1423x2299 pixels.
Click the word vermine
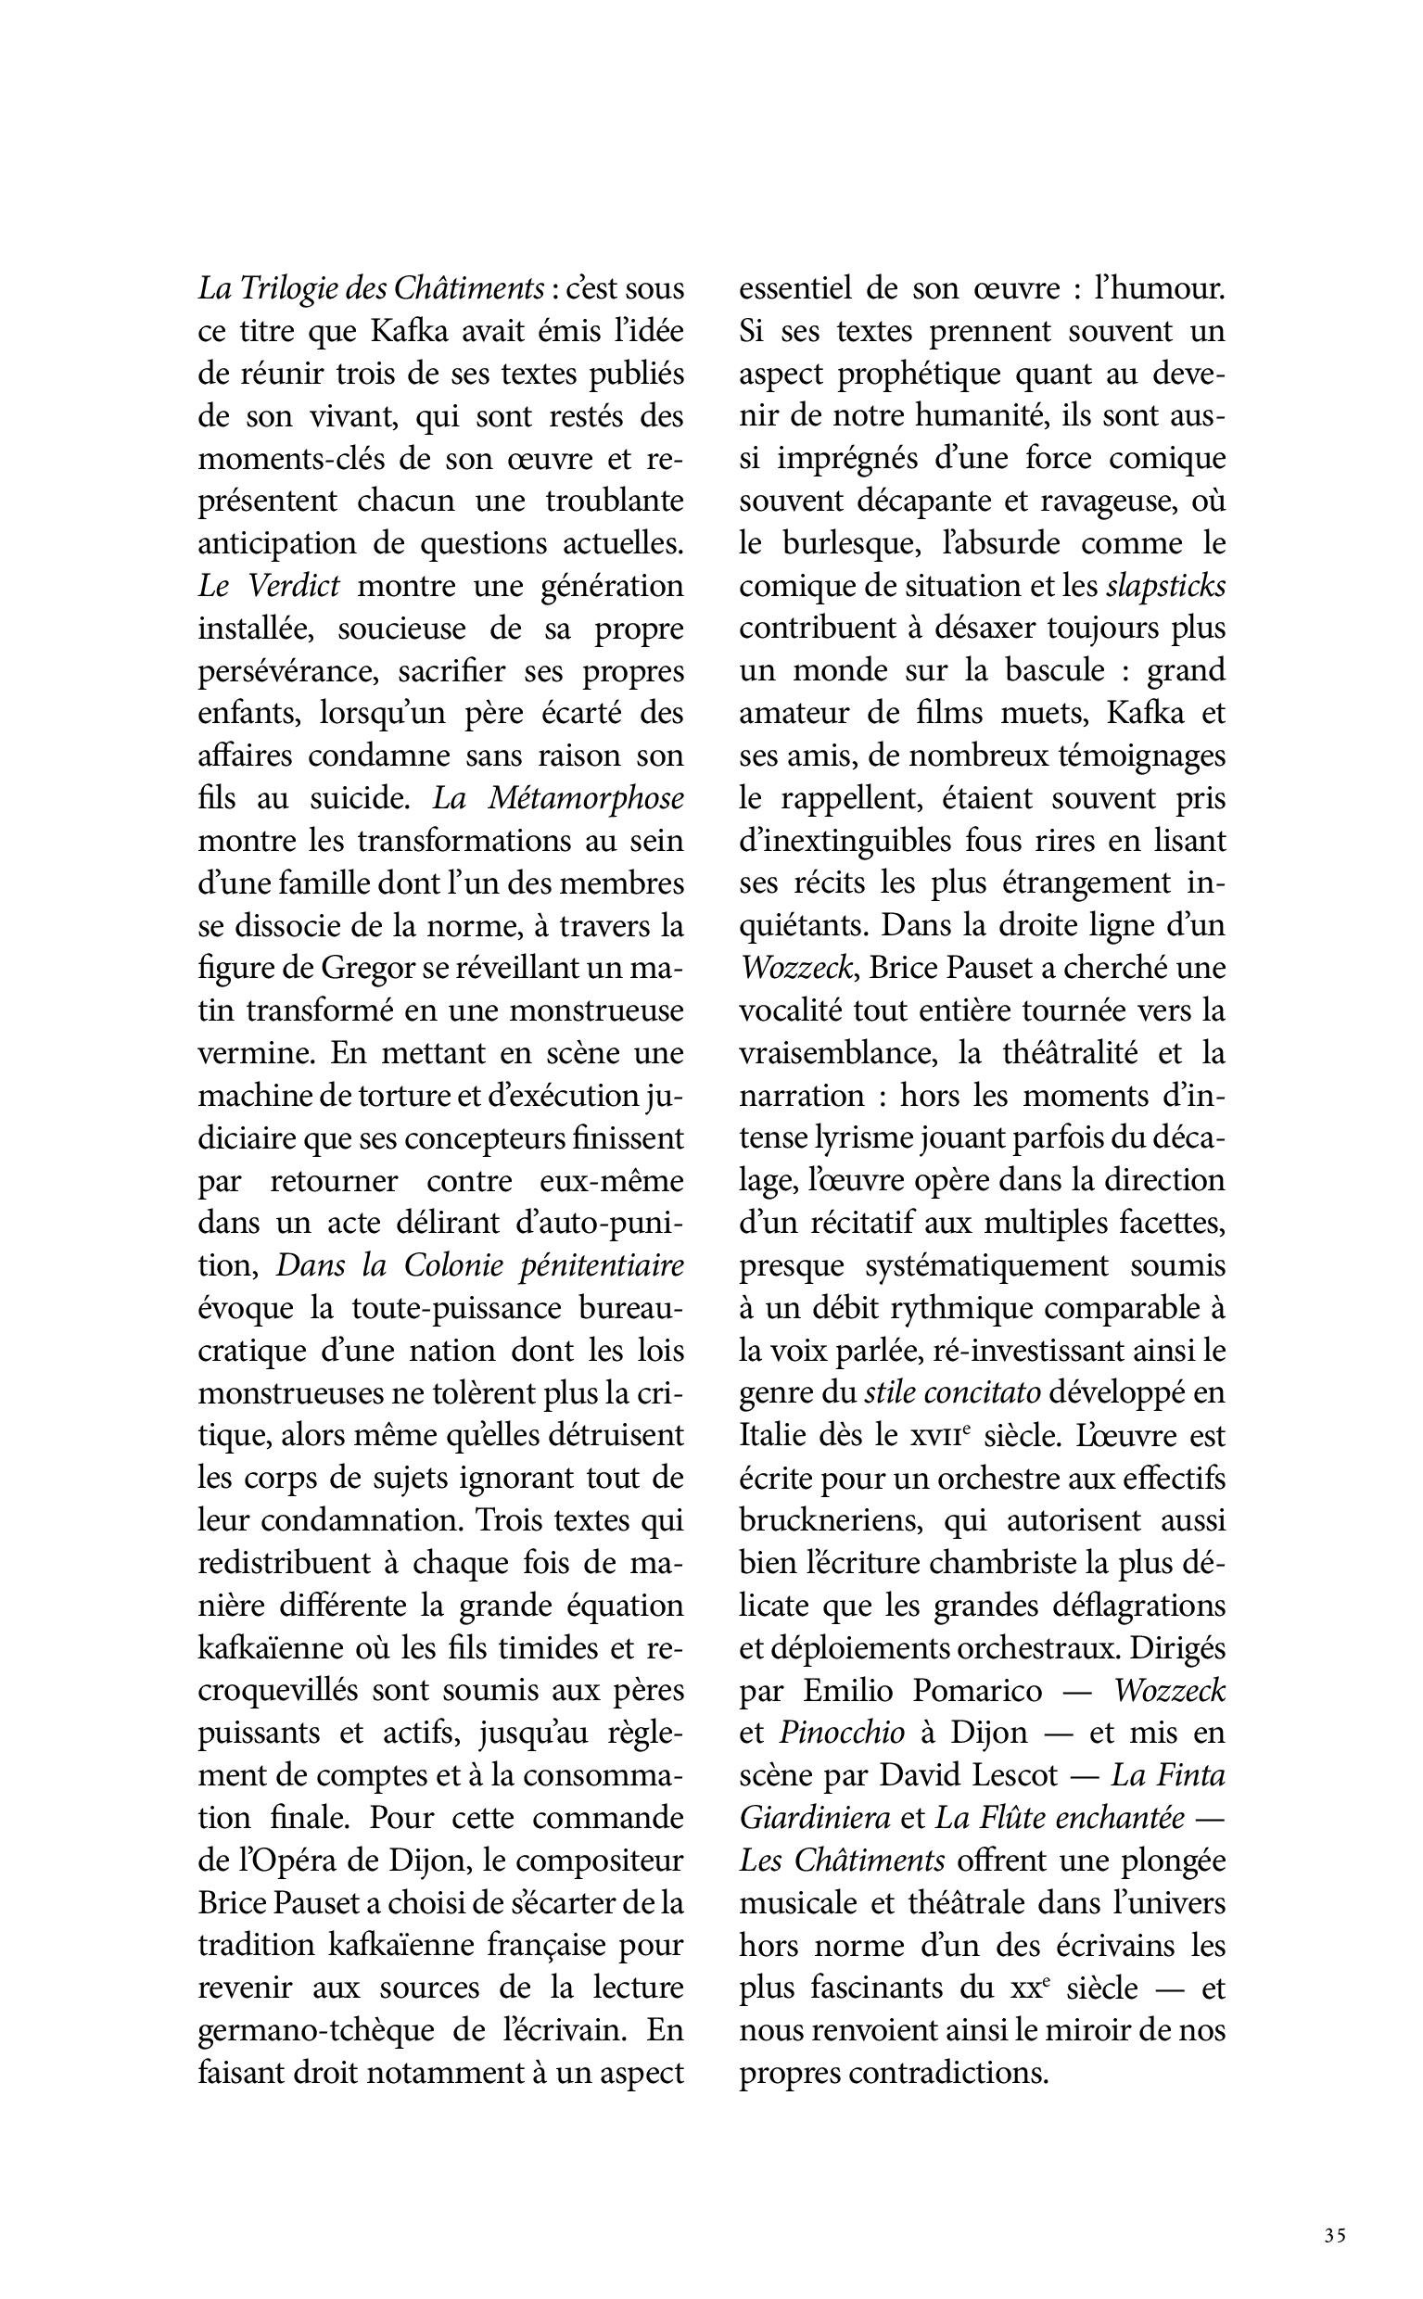point(254,1054)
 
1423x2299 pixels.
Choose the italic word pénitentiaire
point(602,1265)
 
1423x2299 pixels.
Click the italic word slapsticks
point(1166,586)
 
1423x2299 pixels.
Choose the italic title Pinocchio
point(842,1734)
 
